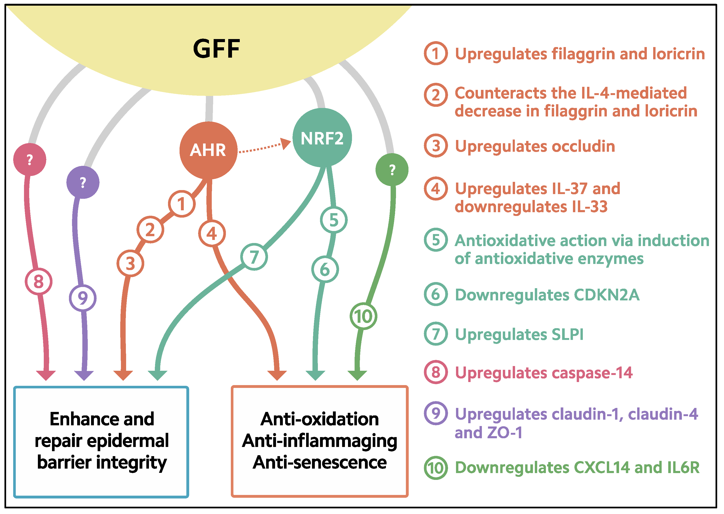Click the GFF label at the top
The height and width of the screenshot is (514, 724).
click(216, 49)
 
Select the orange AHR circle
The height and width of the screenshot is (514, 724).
click(208, 150)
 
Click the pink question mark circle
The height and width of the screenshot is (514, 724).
click(30, 159)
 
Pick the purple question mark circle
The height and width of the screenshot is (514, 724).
click(83, 182)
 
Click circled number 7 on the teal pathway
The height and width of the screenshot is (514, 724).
click(254, 257)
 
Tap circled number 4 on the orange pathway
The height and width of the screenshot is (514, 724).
click(212, 234)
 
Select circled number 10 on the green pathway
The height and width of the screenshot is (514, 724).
click(363, 316)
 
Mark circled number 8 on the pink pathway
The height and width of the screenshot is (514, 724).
click(39, 281)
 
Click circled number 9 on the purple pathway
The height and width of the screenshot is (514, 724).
click(83, 298)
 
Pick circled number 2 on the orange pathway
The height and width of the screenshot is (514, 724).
click(150, 229)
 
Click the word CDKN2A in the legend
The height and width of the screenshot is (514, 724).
click(607, 295)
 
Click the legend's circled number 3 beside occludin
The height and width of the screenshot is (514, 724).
click(436, 146)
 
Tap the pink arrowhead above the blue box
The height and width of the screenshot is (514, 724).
click(46, 375)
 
